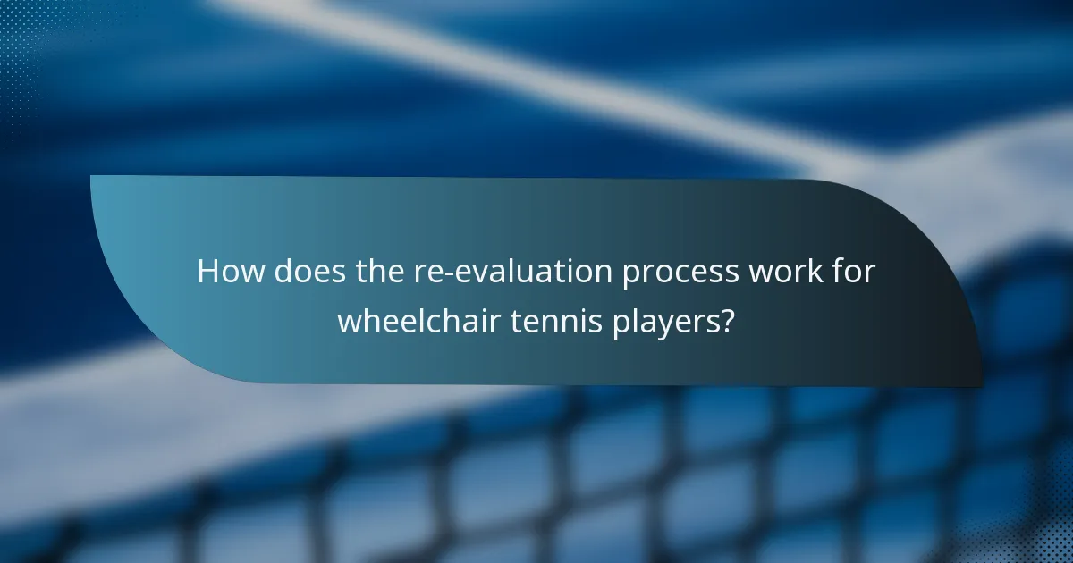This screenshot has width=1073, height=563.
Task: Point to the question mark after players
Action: [x=727, y=320]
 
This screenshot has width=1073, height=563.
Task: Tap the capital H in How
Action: [x=207, y=271]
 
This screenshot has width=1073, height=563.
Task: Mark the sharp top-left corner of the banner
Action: [x=92, y=177]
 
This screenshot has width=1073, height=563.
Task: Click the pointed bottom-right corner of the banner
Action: [x=981, y=385]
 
